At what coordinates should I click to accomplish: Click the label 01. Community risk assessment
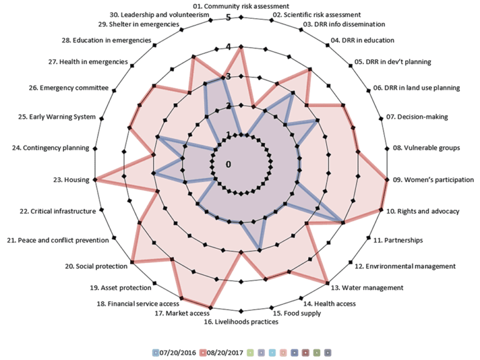click(x=240, y=6)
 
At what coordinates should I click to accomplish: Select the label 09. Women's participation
click(x=433, y=180)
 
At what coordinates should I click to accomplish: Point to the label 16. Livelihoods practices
click(x=241, y=322)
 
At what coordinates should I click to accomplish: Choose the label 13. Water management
click(x=367, y=287)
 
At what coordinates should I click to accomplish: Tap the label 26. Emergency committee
click(x=74, y=88)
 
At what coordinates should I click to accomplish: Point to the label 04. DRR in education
click(x=363, y=41)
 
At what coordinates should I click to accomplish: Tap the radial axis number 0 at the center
click(x=229, y=164)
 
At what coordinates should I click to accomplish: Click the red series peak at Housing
click(x=95, y=180)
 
